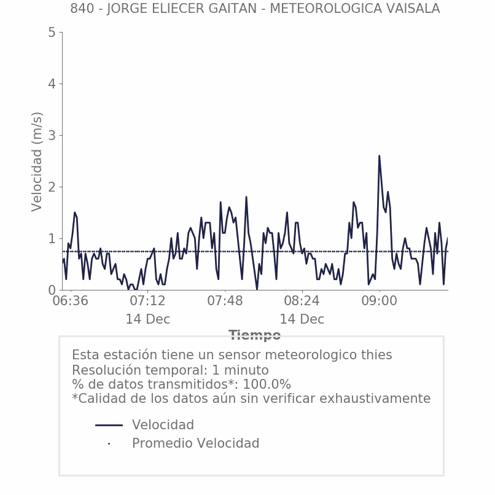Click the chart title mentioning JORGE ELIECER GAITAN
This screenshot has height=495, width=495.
pyautogui.click(x=255, y=9)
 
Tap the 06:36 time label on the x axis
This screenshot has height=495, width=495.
pyautogui.click(x=70, y=302)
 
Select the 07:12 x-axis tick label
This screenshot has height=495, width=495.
pyautogui.click(x=147, y=302)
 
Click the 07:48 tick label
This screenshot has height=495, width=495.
pyautogui.click(x=225, y=302)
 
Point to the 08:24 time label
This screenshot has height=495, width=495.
pyautogui.click(x=302, y=302)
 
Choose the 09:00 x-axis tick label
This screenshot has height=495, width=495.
pyautogui.click(x=379, y=302)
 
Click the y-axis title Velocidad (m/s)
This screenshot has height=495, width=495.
pyautogui.click(x=37, y=162)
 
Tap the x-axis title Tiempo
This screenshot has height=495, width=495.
pyautogui.click(x=255, y=335)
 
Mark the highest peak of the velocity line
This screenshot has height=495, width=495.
pyautogui.click(x=379, y=156)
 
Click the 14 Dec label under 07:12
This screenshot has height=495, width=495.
pyautogui.click(x=147, y=319)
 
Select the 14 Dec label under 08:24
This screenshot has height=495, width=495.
pyautogui.click(x=302, y=319)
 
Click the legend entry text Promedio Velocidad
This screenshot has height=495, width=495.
pyautogui.click(x=195, y=443)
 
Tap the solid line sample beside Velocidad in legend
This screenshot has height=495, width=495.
pyautogui.click(x=109, y=425)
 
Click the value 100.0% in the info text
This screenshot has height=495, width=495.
pyautogui.click(x=267, y=384)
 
